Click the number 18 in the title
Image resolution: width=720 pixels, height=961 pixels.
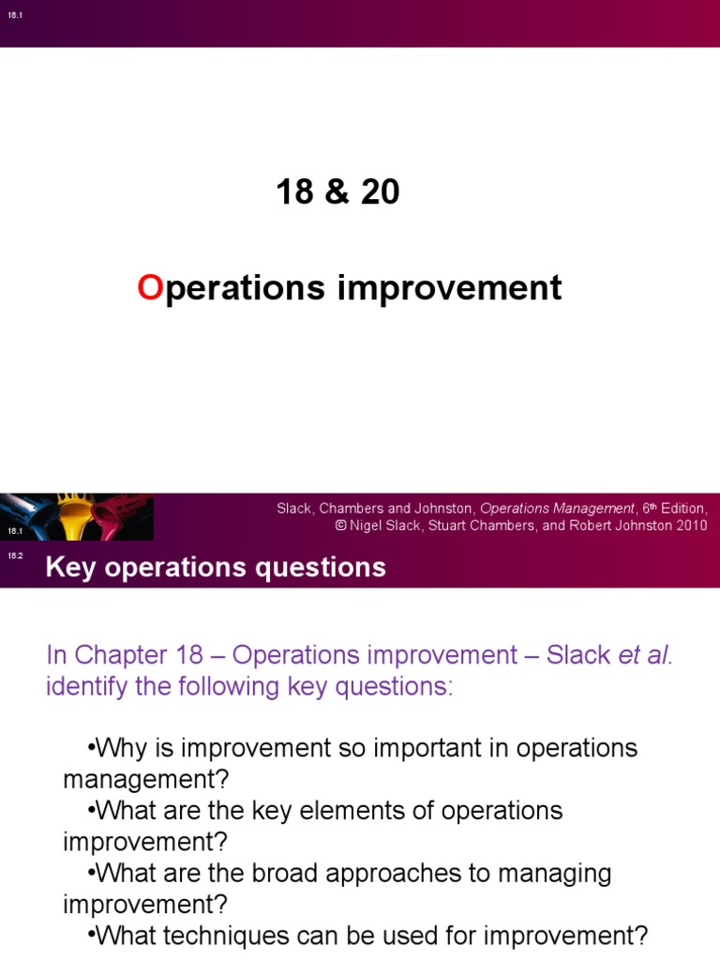294,192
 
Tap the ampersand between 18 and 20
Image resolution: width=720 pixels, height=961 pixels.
337,192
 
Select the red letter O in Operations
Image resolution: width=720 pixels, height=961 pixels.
150,288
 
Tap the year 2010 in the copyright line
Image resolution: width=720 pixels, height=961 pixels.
689,526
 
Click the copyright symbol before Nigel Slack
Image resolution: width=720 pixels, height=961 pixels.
341,526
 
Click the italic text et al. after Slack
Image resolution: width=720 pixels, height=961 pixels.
646,655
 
